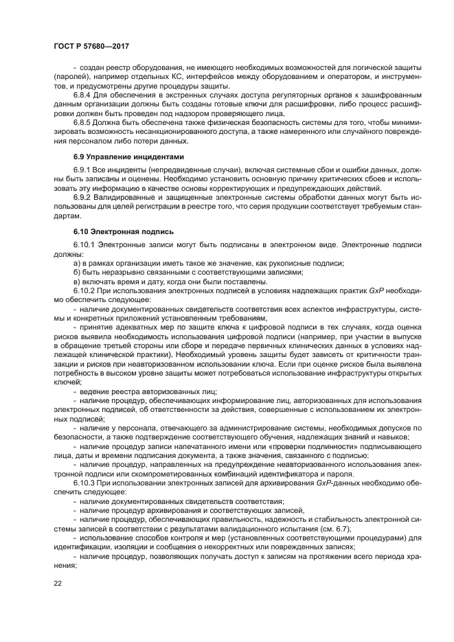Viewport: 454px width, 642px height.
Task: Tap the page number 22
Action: (58, 583)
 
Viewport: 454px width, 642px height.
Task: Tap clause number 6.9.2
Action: (83, 198)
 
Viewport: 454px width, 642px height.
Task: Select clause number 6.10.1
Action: (85, 244)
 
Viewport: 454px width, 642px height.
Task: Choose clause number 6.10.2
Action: (85, 291)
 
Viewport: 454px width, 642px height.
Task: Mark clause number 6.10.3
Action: (85, 482)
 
